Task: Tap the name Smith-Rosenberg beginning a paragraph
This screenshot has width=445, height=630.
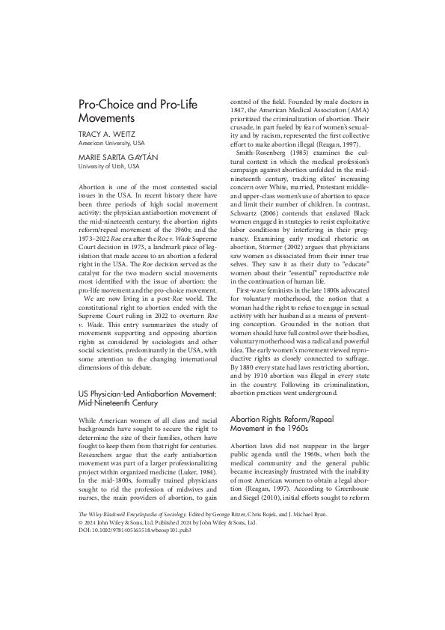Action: pos(264,173)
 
